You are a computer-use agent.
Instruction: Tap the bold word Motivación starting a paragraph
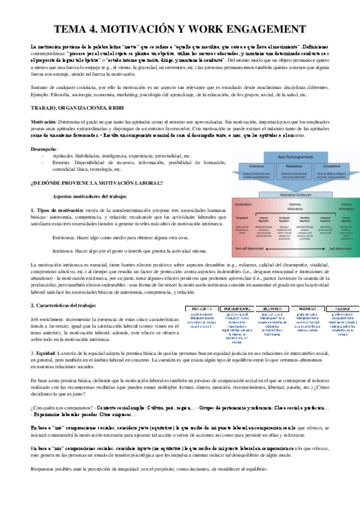[x=41, y=121]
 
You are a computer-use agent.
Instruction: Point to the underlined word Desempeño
[x=44, y=148]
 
